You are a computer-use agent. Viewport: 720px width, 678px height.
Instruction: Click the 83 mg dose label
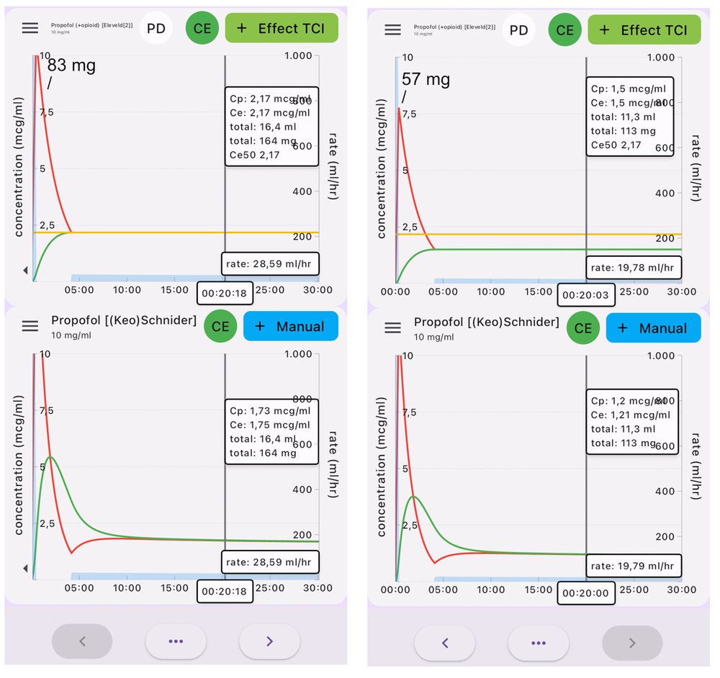click(71, 66)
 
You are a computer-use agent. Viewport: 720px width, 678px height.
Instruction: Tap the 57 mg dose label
click(426, 80)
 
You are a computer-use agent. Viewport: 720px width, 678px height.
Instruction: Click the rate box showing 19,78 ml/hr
click(631, 268)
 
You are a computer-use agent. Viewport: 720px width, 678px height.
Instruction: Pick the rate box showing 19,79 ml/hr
click(631, 566)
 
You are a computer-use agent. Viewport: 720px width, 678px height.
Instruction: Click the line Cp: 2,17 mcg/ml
click(270, 98)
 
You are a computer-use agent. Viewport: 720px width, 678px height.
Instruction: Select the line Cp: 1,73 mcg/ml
click(270, 411)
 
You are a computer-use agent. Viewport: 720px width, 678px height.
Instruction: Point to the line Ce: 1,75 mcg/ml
click(270, 425)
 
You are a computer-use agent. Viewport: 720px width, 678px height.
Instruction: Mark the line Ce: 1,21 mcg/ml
click(631, 415)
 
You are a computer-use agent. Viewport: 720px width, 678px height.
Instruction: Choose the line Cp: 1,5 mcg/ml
click(628, 89)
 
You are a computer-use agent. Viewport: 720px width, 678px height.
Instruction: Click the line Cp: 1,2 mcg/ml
click(628, 401)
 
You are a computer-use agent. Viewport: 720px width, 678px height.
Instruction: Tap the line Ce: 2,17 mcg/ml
click(270, 112)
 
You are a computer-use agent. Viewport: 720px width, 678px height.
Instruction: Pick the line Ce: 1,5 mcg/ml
click(628, 103)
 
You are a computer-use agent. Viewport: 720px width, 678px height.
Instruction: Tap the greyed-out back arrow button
click(82, 641)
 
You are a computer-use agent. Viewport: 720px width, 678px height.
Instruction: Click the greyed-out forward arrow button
click(631, 643)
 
